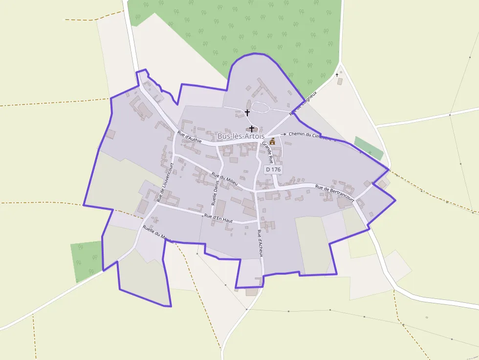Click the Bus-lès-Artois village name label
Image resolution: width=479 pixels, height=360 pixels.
click(241, 136)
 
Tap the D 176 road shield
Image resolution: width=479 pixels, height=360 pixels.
click(273, 169)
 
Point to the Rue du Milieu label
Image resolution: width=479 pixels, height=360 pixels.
click(224, 178)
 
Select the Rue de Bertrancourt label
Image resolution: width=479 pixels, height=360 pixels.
click(334, 193)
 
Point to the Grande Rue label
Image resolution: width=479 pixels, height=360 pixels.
click(268, 150)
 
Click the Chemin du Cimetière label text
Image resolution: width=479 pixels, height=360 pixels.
click(310, 135)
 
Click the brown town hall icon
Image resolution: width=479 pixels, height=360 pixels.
click(272, 141)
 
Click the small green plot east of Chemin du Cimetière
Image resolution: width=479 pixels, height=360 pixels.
click(369, 148)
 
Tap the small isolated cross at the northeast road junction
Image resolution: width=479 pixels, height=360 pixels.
click(337, 75)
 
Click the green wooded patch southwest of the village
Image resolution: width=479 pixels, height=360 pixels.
click(87, 259)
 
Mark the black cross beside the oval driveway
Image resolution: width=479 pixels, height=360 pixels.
click(247, 112)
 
